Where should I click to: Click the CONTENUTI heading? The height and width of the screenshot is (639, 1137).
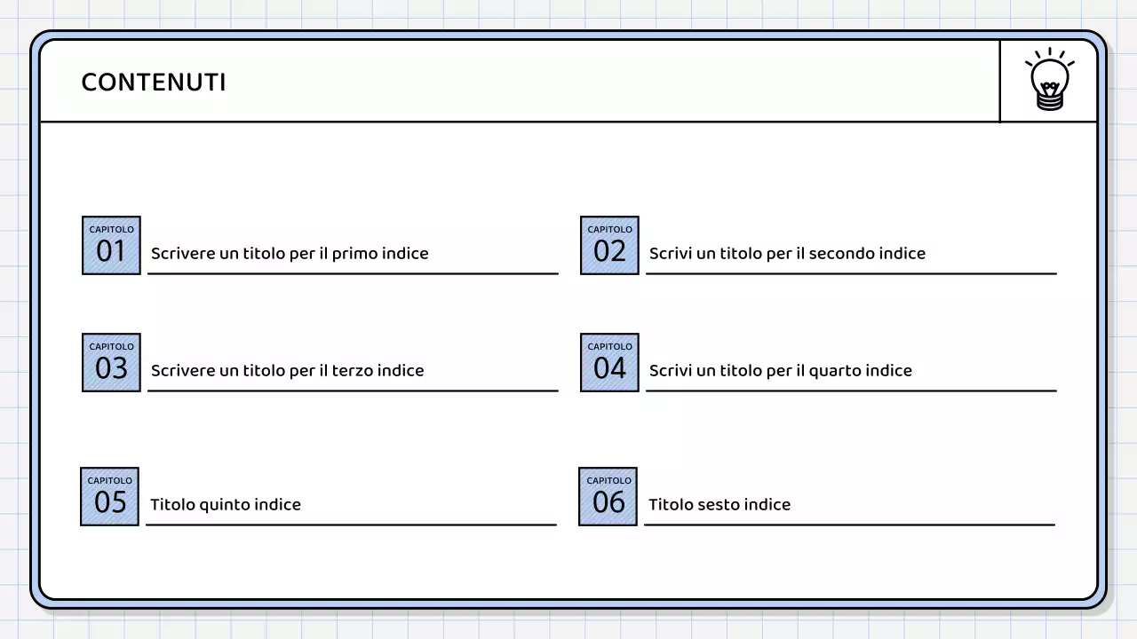click(x=154, y=83)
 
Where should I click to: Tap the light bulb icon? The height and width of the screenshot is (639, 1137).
click(x=1049, y=80)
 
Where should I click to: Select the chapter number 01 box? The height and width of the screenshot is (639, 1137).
click(x=111, y=246)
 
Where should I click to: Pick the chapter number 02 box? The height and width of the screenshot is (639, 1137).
click(x=609, y=246)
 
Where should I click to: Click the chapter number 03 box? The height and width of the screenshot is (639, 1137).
click(x=111, y=363)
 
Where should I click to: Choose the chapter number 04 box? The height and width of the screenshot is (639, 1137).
click(x=609, y=363)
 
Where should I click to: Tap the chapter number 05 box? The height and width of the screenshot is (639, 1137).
click(x=109, y=497)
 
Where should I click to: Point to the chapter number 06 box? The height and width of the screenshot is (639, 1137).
click(x=608, y=497)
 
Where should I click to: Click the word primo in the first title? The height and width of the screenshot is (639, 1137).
click(x=354, y=254)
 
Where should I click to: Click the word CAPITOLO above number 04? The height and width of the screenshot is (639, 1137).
click(x=609, y=347)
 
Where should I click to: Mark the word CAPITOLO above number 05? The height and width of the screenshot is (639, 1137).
click(x=109, y=481)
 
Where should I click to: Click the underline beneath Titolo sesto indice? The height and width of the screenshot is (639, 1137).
click(x=849, y=525)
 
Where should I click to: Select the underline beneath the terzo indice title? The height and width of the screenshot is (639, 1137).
click(x=353, y=390)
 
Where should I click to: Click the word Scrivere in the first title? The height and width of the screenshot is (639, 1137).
click(x=183, y=254)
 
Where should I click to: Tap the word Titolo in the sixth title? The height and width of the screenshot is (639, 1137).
click(x=671, y=505)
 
